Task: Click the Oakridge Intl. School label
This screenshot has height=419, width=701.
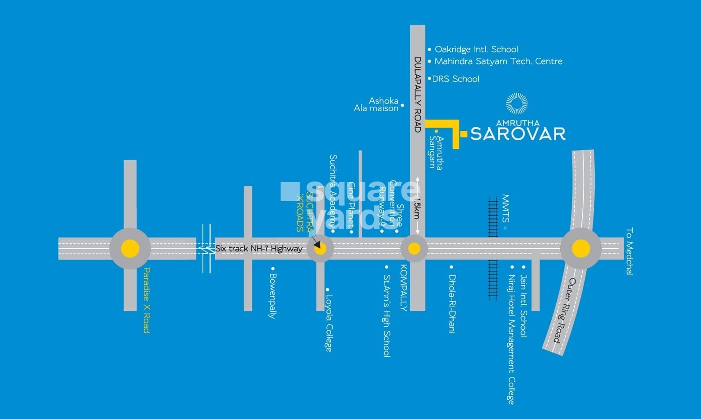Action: click(x=476, y=49)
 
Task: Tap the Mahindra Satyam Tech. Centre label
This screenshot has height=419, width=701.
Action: click(x=498, y=61)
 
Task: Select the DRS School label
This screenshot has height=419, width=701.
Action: click(x=455, y=79)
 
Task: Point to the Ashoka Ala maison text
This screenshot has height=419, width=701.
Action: click(x=377, y=104)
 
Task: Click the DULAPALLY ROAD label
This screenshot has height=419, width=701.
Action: click(x=417, y=95)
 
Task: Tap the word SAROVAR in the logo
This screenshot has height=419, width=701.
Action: click(x=518, y=134)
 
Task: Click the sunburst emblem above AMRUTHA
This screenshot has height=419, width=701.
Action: click(x=517, y=104)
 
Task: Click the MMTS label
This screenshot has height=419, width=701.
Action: click(x=506, y=208)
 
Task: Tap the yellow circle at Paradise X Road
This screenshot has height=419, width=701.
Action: click(x=130, y=249)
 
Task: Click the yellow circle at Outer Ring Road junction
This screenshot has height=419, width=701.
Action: click(x=581, y=248)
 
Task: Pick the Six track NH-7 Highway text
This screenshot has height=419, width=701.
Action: click(x=259, y=249)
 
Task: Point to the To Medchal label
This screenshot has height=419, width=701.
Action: click(x=630, y=251)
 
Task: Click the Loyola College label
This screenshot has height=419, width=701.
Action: click(x=329, y=322)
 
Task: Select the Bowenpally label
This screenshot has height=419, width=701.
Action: click(x=272, y=296)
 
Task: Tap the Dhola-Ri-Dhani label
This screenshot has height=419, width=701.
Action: click(x=452, y=304)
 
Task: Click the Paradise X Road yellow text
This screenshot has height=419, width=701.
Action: click(x=146, y=300)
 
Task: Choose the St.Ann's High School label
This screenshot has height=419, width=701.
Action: click(x=386, y=315)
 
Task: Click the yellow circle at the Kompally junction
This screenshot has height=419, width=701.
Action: click(x=414, y=249)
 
